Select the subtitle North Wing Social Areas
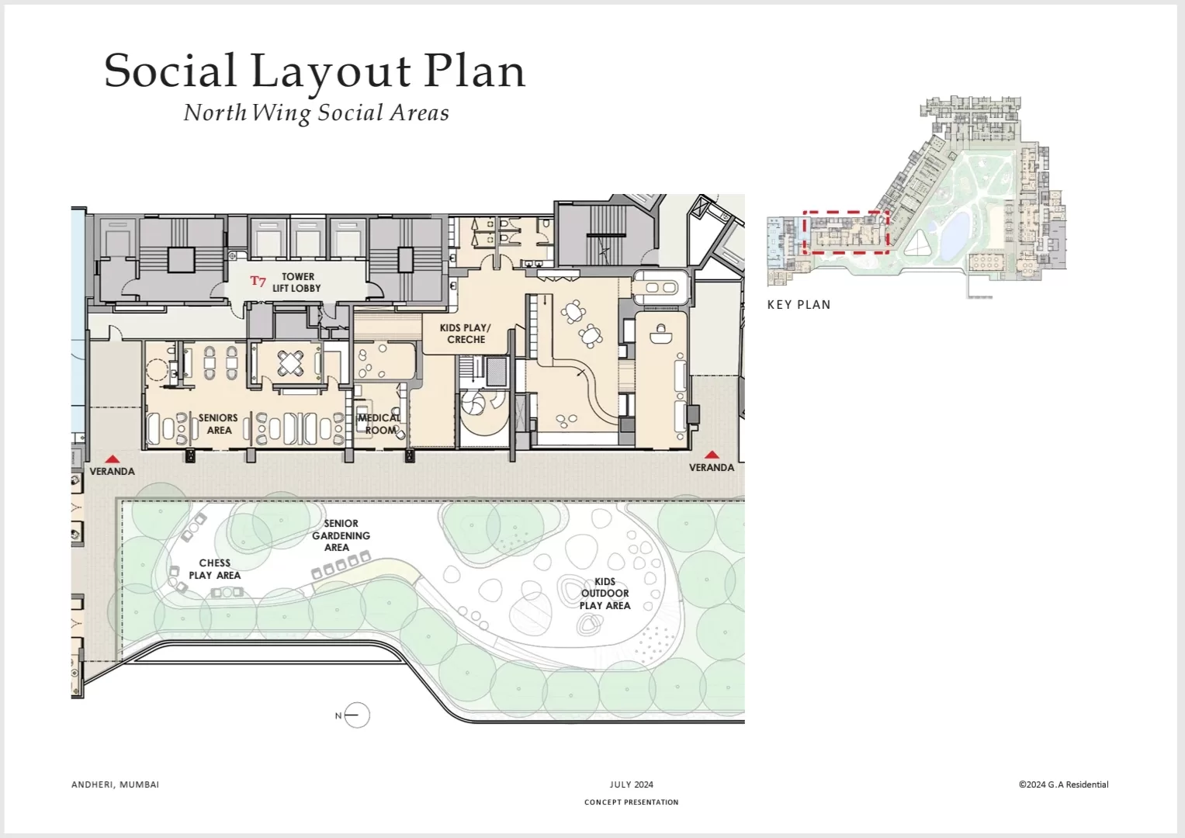tap(317, 113)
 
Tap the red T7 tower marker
tap(258, 281)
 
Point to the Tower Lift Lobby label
tap(296, 282)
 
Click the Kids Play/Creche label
tap(466, 334)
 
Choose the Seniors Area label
tap(218, 424)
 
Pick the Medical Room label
tap(379, 424)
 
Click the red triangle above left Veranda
tap(113, 459)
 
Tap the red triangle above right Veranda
tap(712, 455)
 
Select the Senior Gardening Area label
tap(341, 535)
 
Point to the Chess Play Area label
tap(215, 570)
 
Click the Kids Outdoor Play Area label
tap(605, 594)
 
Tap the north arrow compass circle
tap(357, 715)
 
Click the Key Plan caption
tap(799, 305)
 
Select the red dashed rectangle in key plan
tap(845, 212)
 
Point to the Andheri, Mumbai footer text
tap(116, 784)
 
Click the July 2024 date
tap(631, 784)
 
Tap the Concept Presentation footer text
tap(631, 802)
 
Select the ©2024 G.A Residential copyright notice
tap(1063, 784)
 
